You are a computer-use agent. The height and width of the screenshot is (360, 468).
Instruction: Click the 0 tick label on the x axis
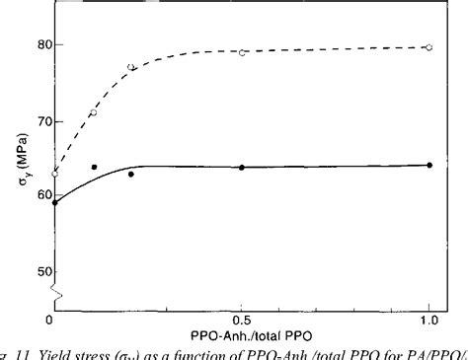point(50,321)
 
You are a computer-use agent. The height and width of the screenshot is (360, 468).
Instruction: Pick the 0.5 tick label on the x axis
point(242,321)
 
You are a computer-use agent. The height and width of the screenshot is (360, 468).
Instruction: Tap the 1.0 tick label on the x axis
point(429,321)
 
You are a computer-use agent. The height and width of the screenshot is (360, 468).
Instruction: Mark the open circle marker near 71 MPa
point(94,112)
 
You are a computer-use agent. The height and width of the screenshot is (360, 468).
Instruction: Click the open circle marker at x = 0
point(55,174)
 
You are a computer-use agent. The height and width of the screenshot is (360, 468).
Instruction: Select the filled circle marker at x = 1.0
point(429,165)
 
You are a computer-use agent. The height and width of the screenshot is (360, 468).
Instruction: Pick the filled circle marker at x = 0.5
point(242,168)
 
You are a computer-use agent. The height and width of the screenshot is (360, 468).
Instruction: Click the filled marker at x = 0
point(55,203)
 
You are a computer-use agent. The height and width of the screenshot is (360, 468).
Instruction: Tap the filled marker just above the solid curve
point(94,168)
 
